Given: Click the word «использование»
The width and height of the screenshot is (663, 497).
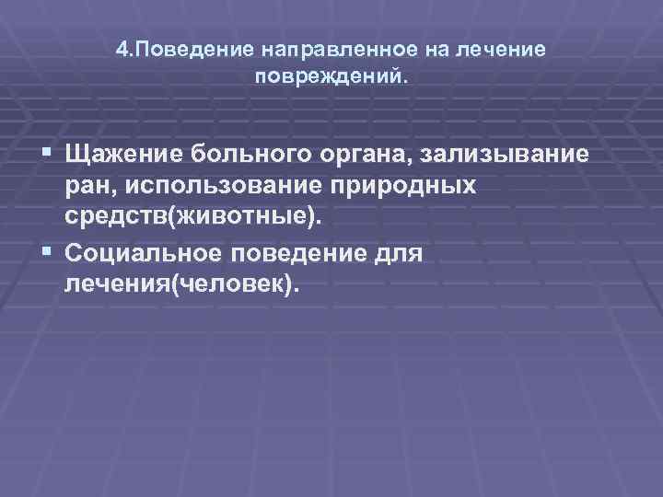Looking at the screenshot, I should click(x=239, y=186).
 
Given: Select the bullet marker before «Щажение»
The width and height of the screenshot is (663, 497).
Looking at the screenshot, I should click(x=45, y=151).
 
